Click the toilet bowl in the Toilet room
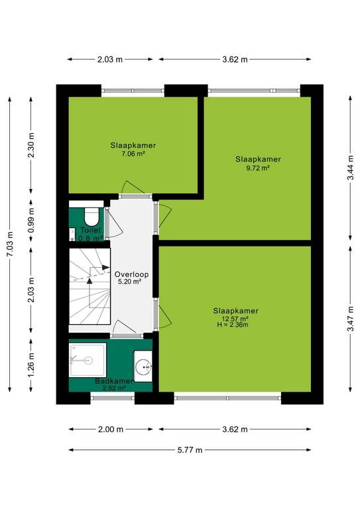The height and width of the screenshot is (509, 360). pos(91,216)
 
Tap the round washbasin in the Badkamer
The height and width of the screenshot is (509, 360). pos(143,367)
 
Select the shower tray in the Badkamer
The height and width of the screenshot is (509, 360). pos(88,360)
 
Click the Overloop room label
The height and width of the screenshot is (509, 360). pos(131,274)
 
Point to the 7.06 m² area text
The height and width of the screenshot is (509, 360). pos(133,154)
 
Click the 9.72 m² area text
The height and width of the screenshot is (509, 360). pos(258,168)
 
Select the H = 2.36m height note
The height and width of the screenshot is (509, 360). pos(233,325)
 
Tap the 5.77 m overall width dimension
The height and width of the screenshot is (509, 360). pos(190,450)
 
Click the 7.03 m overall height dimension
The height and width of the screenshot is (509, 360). pos(10,244)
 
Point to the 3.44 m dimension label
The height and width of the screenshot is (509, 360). pos(351,168)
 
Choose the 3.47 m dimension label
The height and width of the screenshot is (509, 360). pos(351,319)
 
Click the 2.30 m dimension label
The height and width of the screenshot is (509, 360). pos(31,145)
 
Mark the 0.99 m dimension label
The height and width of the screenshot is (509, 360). pos(31,221)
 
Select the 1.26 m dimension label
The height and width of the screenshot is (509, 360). pos(31,366)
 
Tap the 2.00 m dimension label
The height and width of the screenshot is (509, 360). pos(111,429)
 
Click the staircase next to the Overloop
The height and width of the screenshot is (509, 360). pos(90,286)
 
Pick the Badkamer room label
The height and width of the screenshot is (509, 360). pos(114,381)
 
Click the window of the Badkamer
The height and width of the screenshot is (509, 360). pos(113,398)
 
